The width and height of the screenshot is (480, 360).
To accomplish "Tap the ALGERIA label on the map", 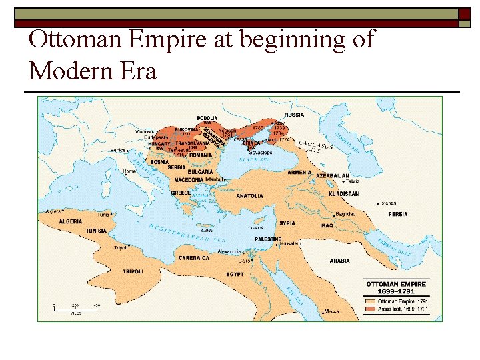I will click(71, 221).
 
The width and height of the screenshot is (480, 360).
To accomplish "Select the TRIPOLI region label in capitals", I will click(133, 271).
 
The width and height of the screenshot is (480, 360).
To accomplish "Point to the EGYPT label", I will click(235, 274).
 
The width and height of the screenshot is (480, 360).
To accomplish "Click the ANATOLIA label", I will click(249, 196).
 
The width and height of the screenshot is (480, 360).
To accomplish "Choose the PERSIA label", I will click(398, 214).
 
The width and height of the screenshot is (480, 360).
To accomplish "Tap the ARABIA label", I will click(339, 261).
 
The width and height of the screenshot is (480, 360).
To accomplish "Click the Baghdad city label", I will click(345, 214).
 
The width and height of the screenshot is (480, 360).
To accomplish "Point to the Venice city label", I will click(118, 150).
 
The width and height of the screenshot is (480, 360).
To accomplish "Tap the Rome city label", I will click(129, 171).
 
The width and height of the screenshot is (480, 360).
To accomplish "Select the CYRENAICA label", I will click(194, 258).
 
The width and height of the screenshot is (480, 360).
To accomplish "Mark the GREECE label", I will click(181, 193).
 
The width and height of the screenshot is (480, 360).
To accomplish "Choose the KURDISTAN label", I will click(343, 194).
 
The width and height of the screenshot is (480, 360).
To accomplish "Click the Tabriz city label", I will click(353, 181).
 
